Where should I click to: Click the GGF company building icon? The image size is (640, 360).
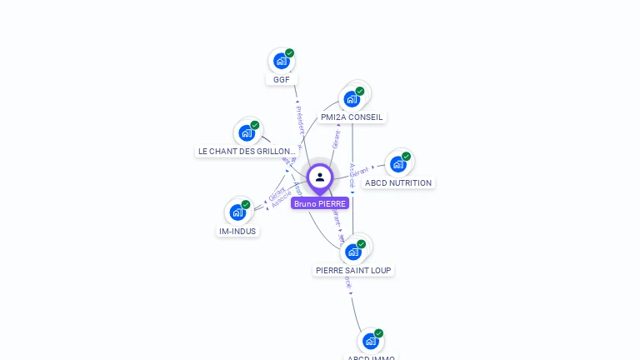282,61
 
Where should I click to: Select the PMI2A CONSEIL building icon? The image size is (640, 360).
352,98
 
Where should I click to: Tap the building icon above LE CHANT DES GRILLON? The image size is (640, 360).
247,132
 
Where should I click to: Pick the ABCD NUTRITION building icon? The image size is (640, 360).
398,164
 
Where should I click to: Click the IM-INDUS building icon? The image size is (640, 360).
237,212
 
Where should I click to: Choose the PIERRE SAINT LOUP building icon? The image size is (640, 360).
353,251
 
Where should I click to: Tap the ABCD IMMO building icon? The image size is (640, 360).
371,341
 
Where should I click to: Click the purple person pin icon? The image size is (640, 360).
320,178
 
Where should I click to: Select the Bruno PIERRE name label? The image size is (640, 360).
320,203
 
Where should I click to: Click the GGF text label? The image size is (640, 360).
282,80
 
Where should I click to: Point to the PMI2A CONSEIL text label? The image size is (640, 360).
352,117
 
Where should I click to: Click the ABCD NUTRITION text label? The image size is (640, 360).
398,183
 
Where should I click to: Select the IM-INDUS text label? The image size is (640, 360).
237,232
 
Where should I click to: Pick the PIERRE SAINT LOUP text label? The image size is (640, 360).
353,270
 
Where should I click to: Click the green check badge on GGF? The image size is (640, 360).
289,53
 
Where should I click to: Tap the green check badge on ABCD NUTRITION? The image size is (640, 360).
406,157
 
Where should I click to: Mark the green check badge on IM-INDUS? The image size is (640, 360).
245,205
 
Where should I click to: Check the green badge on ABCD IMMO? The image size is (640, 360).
378,333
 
